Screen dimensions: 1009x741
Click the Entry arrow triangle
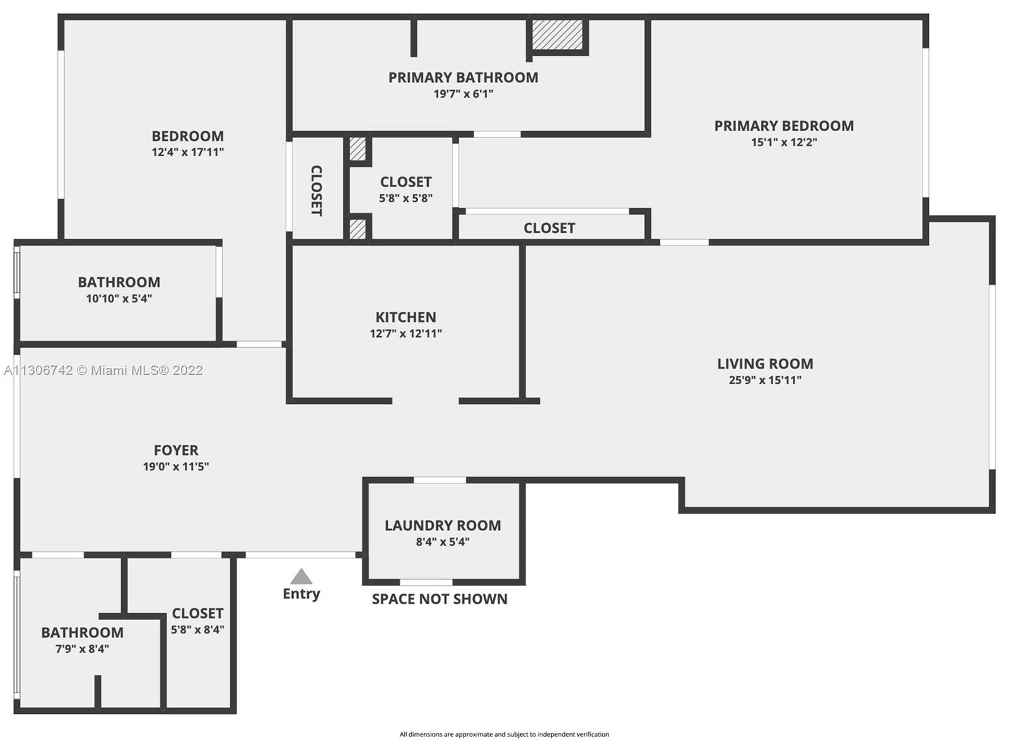[301, 577]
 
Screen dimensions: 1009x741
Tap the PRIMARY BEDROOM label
[784, 126]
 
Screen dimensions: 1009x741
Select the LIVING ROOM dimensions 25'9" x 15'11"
[765, 380]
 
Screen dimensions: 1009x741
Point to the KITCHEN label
[405, 318]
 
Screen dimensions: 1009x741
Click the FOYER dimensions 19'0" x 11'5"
[176, 466]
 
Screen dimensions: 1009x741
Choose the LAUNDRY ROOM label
[442, 526]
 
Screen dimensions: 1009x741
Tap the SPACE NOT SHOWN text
[440, 599]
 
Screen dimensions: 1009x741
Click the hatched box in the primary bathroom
[557, 35]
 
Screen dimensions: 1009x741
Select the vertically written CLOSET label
[316, 190]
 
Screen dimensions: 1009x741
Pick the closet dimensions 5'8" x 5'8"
[405, 198]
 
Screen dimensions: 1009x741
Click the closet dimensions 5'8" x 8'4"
[197, 629]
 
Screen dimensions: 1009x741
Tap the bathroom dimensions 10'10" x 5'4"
[119, 299]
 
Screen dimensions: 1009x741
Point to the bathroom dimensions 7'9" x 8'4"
[82, 649]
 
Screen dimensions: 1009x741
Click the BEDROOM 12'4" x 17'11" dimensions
[187, 152]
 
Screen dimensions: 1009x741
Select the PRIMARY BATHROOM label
[463, 78]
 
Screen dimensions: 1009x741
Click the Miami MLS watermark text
[103, 370]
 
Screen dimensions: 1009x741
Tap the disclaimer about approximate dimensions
[504, 734]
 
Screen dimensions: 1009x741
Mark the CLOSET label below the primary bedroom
[549, 228]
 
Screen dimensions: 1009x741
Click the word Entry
[301, 594]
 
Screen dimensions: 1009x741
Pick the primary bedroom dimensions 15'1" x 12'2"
[784, 142]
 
